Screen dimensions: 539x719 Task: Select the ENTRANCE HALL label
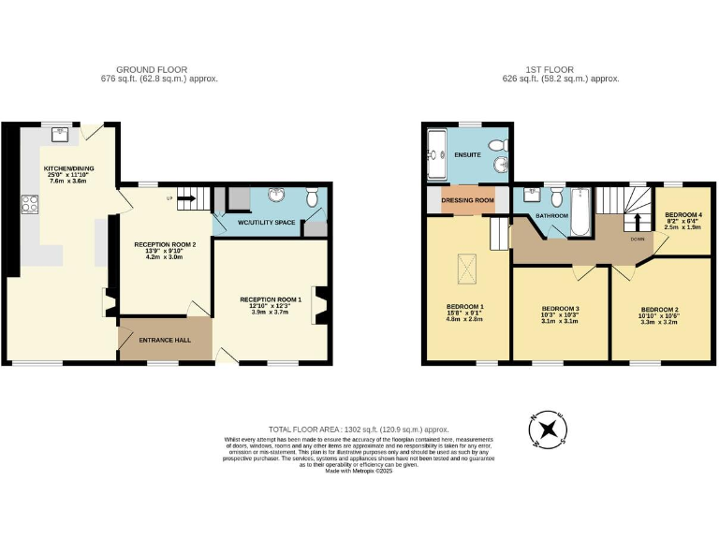pyautogui.click(x=165, y=340)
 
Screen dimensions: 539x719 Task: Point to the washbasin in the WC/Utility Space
pyautogui.click(x=278, y=196)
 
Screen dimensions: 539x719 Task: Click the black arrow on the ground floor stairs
pyautogui.click(x=184, y=197)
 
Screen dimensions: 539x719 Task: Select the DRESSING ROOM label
pyautogui.click(x=468, y=200)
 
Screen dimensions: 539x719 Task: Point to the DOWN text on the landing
pyautogui.click(x=637, y=239)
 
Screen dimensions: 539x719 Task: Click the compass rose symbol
pyautogui.click(x=548, y=429)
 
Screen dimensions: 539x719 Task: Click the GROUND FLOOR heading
pyautogui.click(x=152, y=69)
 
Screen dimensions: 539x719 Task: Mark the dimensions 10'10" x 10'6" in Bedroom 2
pyautogui.click(x=660, y=316)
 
